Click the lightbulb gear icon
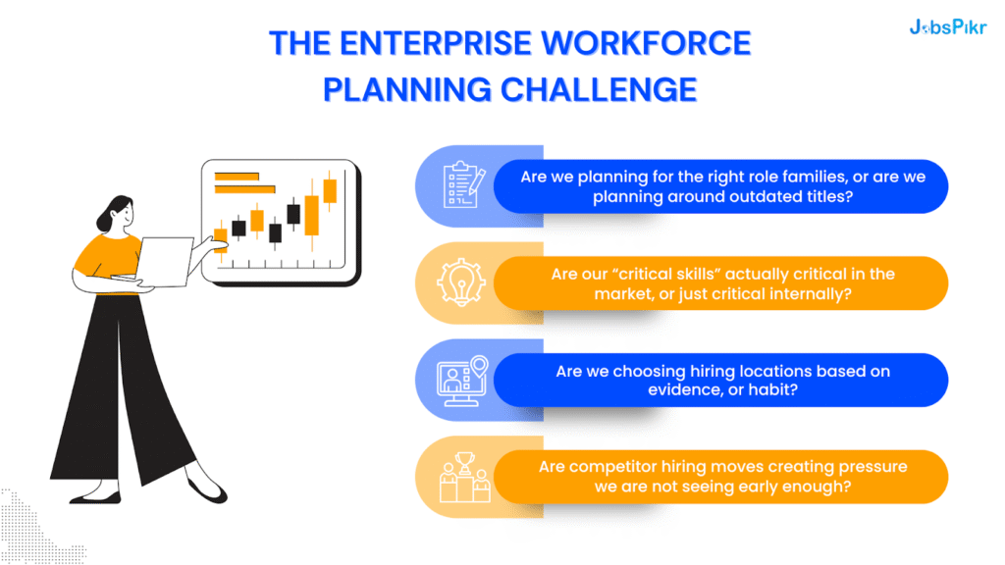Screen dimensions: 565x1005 click(x=463, y=282)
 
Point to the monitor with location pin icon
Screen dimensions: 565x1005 click(x=463, y=380)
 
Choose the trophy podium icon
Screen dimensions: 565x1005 click(x=463, y=477)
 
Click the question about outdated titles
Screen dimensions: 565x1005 click(x=721, y=186)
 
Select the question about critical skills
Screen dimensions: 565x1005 click(x=721, y=283)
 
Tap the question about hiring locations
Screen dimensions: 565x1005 click(x=721, y=381)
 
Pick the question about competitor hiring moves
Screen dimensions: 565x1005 click(x=721, y=477)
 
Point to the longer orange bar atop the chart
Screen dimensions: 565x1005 click(x=243, y=177)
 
